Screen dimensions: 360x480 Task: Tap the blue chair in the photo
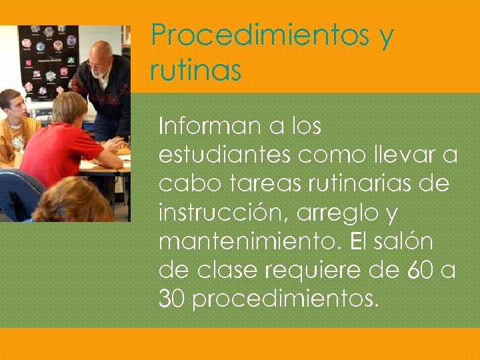point(17,193)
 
